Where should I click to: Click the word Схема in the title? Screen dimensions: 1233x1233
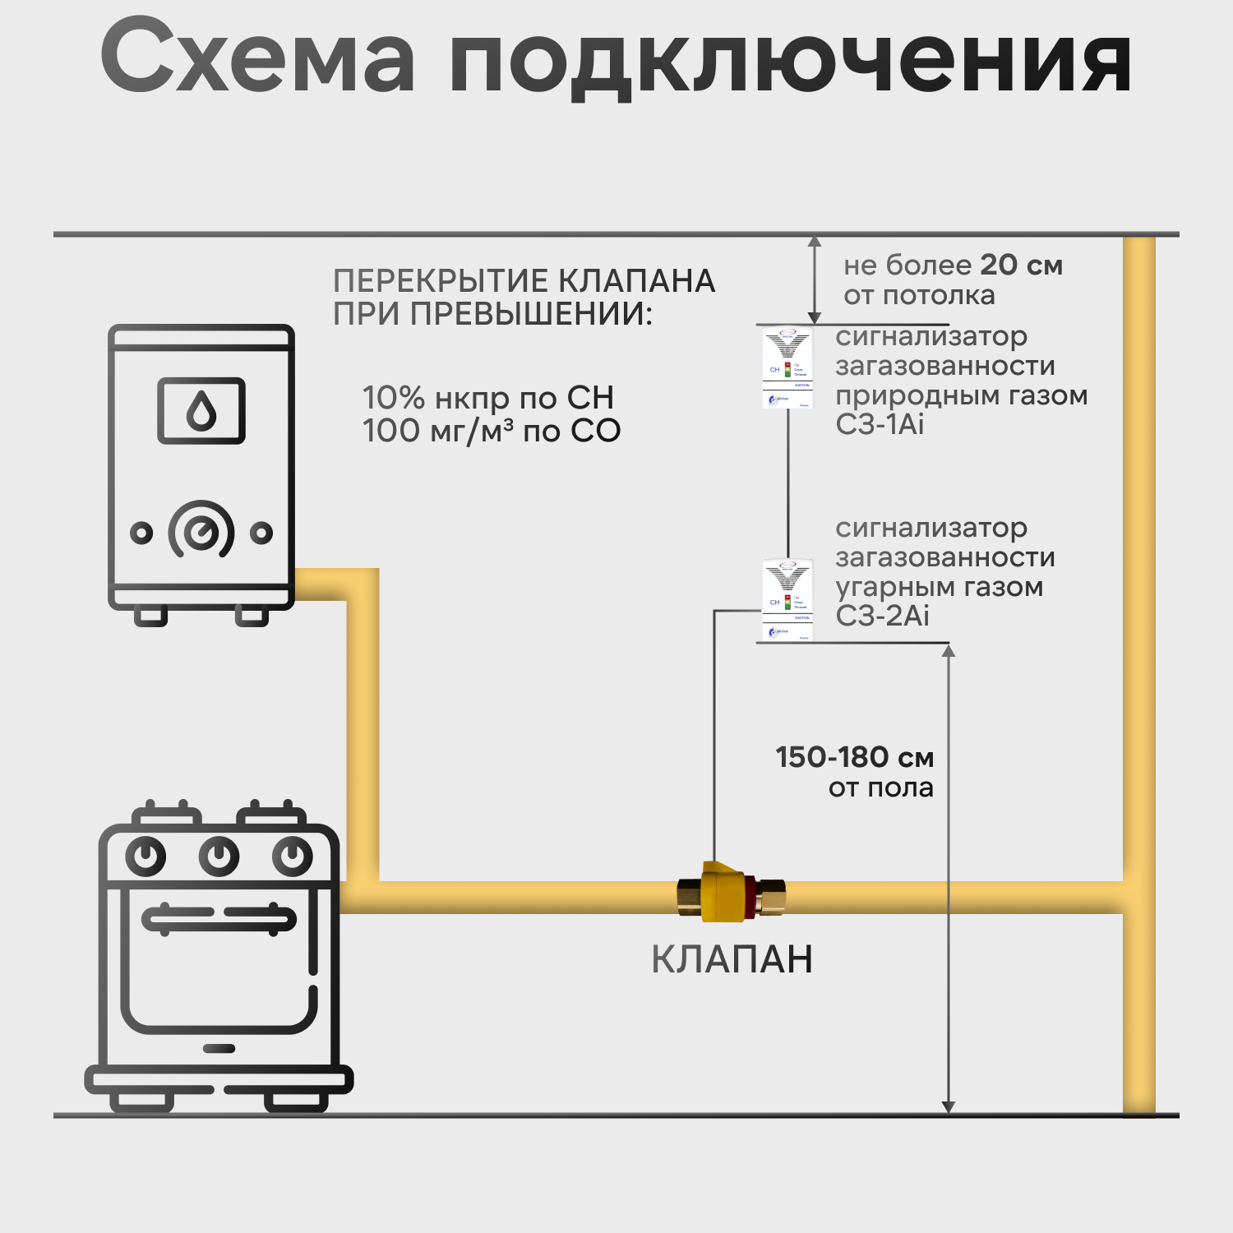point(257,58)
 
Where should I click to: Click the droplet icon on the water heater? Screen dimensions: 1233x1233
point(201,410)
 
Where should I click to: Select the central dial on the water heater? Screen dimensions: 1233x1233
point(201,532)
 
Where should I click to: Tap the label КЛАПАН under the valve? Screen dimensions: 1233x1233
point(732,959)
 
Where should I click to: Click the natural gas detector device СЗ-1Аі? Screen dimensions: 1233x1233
point(787,367)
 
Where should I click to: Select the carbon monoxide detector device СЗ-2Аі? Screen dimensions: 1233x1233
point(787,600)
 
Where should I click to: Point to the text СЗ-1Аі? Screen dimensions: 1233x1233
point(880,425)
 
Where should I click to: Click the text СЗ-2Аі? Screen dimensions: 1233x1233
point(882,616)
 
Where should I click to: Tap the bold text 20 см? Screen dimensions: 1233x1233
point(1021,265)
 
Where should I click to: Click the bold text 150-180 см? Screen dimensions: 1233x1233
point(854,757)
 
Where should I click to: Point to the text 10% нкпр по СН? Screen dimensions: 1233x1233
point(488,398)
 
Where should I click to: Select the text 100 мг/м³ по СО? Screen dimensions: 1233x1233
point(492,431)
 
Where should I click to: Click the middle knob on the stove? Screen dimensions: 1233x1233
point(219,857)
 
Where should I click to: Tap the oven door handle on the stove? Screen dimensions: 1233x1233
point(219,917)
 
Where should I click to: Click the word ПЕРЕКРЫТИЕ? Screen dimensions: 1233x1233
point(441,281)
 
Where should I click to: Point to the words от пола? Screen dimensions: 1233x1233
point(880,788)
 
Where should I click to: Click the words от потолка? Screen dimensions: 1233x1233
point(919,295)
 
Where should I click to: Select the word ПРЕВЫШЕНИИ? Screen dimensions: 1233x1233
point(530,314)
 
